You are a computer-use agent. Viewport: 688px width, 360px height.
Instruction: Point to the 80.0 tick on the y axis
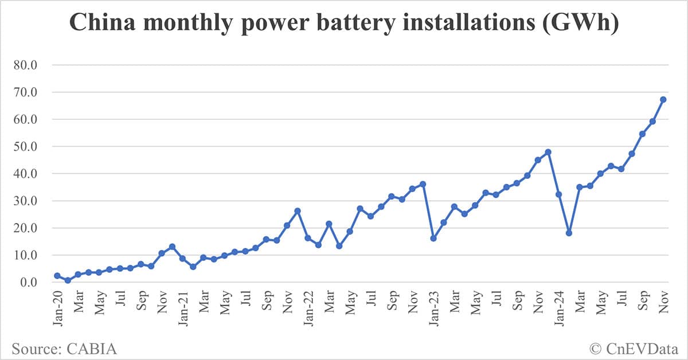tap(24, 65)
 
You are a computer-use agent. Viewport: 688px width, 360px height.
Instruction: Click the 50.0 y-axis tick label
tap(24, 147)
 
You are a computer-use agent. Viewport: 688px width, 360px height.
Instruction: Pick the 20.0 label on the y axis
tap(24, 228)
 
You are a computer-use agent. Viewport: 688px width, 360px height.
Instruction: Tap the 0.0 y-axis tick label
tap(28, 283)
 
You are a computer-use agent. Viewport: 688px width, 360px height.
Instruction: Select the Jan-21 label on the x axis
tap(182, 310)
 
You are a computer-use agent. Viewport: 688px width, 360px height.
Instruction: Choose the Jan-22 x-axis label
tap(308, 310)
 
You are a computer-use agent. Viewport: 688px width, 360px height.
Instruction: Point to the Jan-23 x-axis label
tap(433, 310)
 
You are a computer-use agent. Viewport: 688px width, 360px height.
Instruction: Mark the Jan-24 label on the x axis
tap(558, 310)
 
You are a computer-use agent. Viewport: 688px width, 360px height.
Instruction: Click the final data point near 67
tap(663, 99)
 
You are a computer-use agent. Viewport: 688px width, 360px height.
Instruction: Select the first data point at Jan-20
tap(57, 276)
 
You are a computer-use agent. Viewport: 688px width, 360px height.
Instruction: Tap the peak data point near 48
tap(548, 152)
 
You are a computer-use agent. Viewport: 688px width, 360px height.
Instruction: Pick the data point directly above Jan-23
tap(433, 238)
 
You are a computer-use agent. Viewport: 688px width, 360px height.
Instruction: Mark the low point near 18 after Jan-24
tap(569, 233)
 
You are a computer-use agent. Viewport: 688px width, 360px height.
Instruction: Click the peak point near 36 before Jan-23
tap(423, 184)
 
